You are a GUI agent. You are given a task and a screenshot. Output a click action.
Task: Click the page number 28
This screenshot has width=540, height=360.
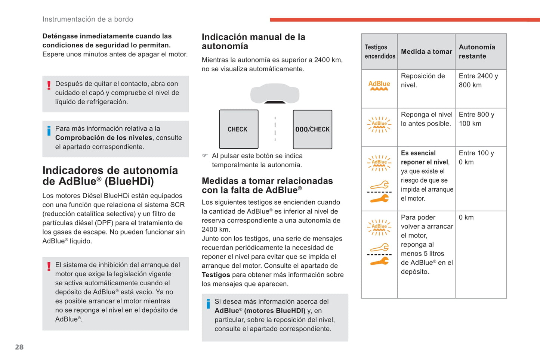(19, 347)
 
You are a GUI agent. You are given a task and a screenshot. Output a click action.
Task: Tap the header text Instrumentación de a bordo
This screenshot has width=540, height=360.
(87, 19)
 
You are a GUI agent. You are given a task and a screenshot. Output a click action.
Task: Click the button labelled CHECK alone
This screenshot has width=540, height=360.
(238, 129)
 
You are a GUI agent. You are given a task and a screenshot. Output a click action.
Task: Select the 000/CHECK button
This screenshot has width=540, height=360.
(312, 129)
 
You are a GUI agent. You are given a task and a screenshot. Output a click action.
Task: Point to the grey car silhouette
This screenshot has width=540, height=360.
(275, 93)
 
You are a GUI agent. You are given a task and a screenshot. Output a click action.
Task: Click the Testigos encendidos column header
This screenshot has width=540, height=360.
(379, 52)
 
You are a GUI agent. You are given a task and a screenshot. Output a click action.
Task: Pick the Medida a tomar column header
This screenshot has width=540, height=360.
(426, 52)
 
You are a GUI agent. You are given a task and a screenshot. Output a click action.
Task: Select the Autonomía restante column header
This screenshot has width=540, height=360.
(477, 52)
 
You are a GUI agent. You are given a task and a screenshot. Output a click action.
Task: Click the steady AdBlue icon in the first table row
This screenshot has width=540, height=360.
(379, 86)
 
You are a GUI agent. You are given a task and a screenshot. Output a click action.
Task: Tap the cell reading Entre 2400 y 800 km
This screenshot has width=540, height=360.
(478, 80)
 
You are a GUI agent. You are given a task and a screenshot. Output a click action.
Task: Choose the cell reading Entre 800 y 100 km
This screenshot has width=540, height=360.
(476, 119)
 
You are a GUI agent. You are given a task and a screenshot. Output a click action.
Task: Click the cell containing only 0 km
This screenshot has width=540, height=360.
(466, 217)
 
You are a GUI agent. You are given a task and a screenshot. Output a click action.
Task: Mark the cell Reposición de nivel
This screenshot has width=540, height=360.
(423, 80)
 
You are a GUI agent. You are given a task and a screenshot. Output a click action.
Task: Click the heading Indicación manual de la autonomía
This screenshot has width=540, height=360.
(253, 41)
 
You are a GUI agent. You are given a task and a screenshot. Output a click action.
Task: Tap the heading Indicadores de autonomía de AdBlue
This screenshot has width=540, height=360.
(110, 176)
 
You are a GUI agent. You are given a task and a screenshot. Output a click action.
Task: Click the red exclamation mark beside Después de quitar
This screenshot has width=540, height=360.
(49, 86)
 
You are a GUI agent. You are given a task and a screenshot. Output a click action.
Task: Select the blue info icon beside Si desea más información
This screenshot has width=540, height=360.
(208, 304)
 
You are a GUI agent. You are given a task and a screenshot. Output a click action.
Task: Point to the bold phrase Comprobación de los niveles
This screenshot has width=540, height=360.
(104, 137)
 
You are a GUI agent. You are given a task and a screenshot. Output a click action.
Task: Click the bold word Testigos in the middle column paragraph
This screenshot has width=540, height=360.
(216, 275)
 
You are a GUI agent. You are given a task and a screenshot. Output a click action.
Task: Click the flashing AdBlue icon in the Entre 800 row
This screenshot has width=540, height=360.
(379, 124)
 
